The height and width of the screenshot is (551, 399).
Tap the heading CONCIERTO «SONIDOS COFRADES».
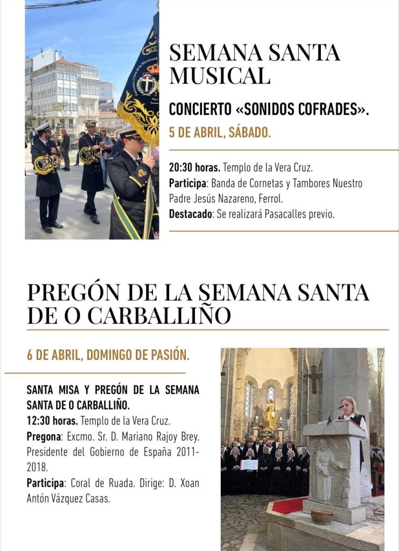pyautogui.click(x=269, y=109)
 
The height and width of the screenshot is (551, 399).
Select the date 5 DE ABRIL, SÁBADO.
pyautogui.click(x=220, y=132)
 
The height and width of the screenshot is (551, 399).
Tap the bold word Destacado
pyautogui.click(x=191, y=214)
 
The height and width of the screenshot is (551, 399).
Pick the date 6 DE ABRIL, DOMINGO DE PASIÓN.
pyautogui.click(x=108, y=355)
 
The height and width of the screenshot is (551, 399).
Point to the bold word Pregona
pyautogui.click(x=43, y=435)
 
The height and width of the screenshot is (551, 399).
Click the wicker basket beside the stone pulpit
pyautogui.click(x=322, y=517)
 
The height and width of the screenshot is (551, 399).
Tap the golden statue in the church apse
pyautogui.click(x=269, y=414)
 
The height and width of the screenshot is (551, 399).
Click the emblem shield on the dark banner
pyautogui.click(x=146, y=84)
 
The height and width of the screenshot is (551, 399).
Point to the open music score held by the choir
pyautogui.click(x=249, y=464)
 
